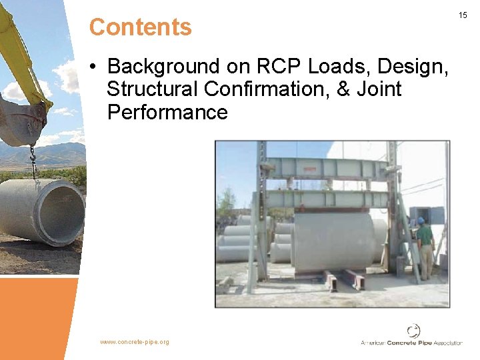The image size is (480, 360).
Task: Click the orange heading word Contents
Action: (140, 27)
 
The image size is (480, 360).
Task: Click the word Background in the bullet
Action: (163, 67)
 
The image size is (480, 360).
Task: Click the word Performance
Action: (167, 112)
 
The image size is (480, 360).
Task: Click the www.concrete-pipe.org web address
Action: (135, 342)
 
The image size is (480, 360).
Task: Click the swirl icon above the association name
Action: (414, 331)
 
